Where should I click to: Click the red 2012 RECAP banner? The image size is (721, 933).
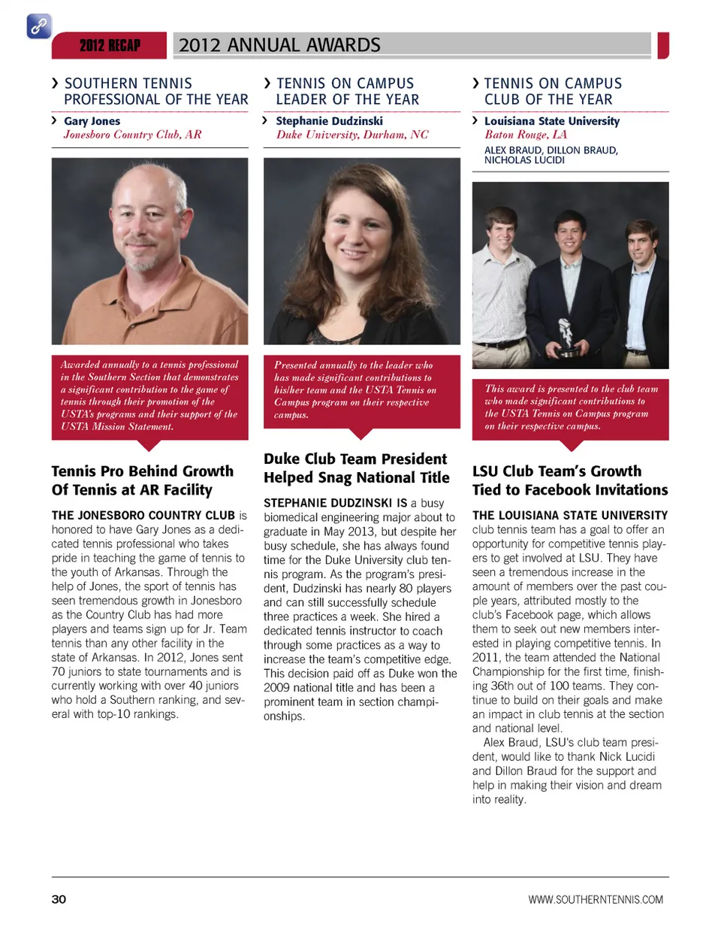110,46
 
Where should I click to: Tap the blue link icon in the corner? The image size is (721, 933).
38,26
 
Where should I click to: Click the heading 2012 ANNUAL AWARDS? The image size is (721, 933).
279,45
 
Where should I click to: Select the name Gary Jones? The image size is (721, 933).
92,121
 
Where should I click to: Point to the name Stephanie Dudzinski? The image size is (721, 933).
329,121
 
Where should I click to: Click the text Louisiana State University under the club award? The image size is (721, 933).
552,121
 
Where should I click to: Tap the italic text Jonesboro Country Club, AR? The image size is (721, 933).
132,135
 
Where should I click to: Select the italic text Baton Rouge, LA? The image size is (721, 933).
526,135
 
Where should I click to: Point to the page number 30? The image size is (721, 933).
59,899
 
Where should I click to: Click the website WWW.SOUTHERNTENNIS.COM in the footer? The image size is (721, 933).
596,899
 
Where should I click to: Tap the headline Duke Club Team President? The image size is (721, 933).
354,459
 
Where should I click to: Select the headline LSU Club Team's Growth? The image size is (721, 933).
557,471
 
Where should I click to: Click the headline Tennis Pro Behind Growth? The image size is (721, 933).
142,471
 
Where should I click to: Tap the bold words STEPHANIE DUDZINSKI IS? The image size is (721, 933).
335,503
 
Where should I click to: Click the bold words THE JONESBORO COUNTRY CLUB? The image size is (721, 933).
143,516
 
